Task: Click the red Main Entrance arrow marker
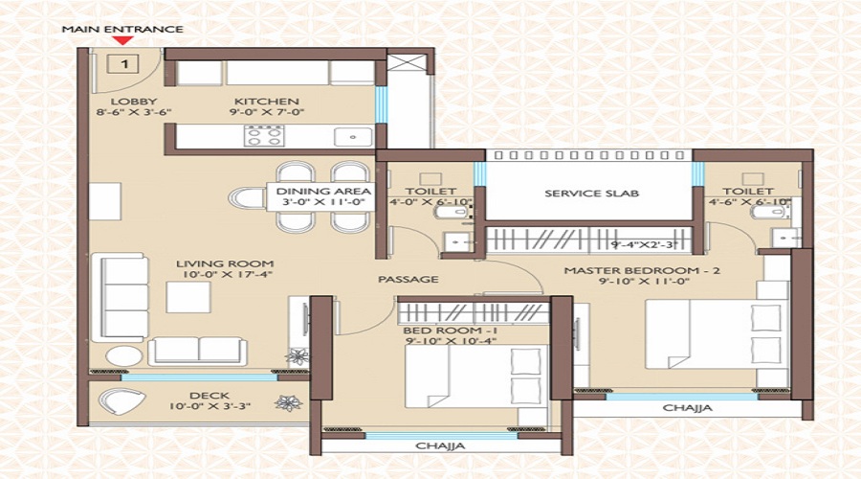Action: click(121, 40)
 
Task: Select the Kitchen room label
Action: click(267, 102)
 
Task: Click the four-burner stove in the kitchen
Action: click(263, 135)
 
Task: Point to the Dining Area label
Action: click(311, 192)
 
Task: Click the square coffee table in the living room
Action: click(188, 297)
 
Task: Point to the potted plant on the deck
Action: click(285, 403)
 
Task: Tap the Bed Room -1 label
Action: click(437, 331)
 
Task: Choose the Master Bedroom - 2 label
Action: click(641, 271)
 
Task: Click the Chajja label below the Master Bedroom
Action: click(687, 408)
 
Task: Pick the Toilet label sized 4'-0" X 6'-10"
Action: click(417, 192)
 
